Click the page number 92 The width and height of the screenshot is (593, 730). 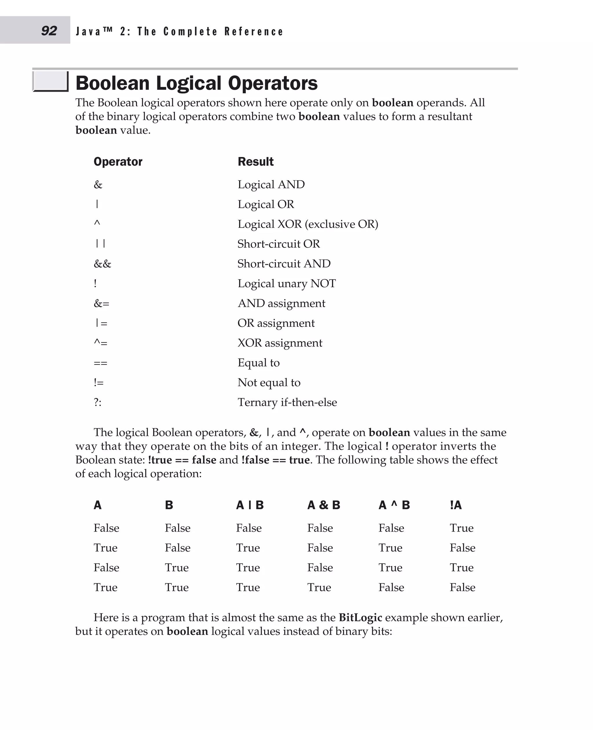[49, 31]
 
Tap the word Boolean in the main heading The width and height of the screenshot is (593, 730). [112, 83]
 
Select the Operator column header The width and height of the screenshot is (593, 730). [118, 162]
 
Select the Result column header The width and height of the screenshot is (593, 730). [255, 162]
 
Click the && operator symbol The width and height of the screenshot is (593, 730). [103, 264]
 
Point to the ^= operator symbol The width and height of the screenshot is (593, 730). [100, 343]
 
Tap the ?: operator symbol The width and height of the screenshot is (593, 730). [98, 402]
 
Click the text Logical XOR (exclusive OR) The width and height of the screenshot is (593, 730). [308, 224]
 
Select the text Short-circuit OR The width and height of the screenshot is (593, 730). [278, 244]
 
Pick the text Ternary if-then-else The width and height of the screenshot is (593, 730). [287, 402]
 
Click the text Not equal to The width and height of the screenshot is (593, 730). [269, 382]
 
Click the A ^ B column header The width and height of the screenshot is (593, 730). [394, 505]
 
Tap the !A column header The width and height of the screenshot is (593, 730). [456, 505]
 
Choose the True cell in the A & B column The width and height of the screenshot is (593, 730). [319, 587]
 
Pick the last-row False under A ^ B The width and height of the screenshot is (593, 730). [391, 587]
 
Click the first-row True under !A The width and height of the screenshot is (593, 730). [462, 528]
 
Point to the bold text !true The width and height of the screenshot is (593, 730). [160, 460]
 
